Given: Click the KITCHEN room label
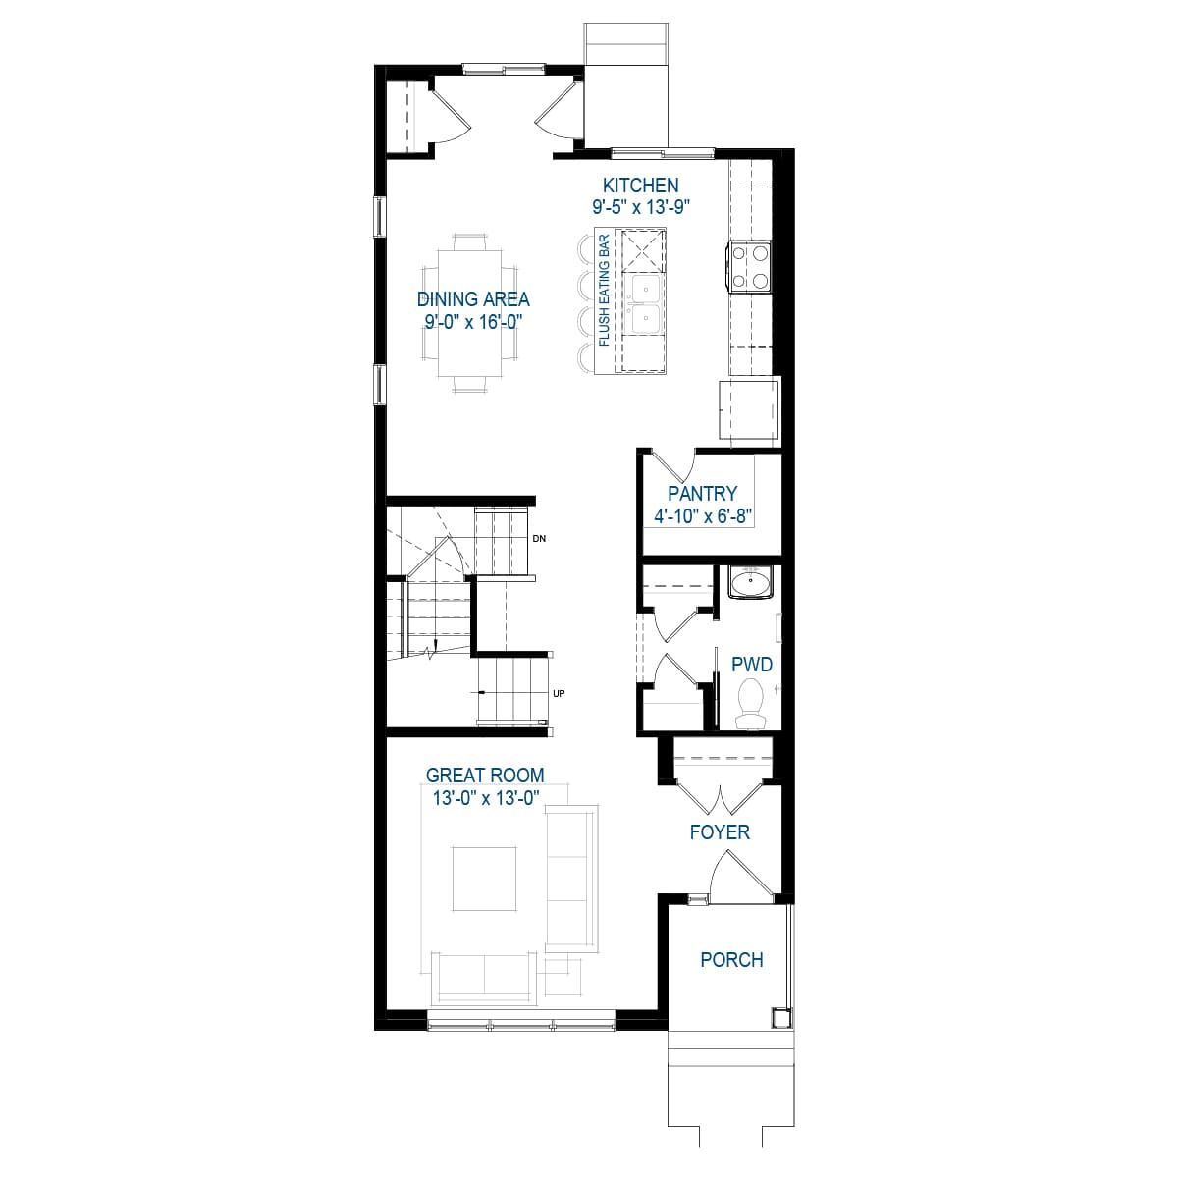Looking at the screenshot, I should point(640,185).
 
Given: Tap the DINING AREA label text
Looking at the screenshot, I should point(473,299).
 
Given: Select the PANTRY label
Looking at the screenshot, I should point(702,494).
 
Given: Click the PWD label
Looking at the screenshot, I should point(752,665).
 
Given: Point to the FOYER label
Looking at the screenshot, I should point(720,832).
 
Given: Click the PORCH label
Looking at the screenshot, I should point(731,960).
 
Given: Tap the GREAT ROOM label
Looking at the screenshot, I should point(485,776).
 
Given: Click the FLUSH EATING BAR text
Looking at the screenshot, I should point(604,290).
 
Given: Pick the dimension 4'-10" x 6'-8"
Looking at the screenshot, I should point(702,516).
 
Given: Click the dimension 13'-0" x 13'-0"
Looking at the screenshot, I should point(485,798).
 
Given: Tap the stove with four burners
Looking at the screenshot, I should point(750,267).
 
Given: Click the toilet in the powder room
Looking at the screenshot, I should point(754,703).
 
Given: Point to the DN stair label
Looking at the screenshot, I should point(538,539).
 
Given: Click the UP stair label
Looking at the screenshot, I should point(559,694).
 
